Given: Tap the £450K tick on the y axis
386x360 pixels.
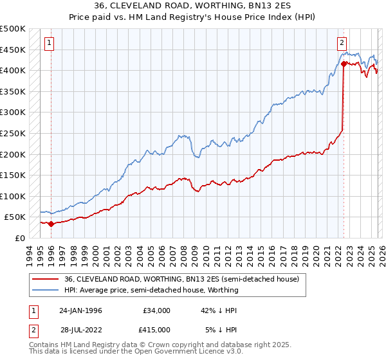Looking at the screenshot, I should (x=13, y=50).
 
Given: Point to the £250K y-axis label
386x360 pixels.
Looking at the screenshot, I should (x=13, y=133).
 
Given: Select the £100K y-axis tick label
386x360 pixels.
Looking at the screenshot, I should (x=13, y=196).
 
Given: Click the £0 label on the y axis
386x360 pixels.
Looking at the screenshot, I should (x=19, y=238).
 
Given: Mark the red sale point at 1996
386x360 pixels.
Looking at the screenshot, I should (x=51, y=224).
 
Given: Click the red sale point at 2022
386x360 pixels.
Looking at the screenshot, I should (x=344, y=64).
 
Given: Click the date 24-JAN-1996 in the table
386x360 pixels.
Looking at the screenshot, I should (x=80, y=310).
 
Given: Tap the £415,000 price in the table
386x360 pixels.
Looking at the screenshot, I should (x=157, y=330).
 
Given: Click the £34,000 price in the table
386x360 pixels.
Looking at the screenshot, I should (x=157, y=310).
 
